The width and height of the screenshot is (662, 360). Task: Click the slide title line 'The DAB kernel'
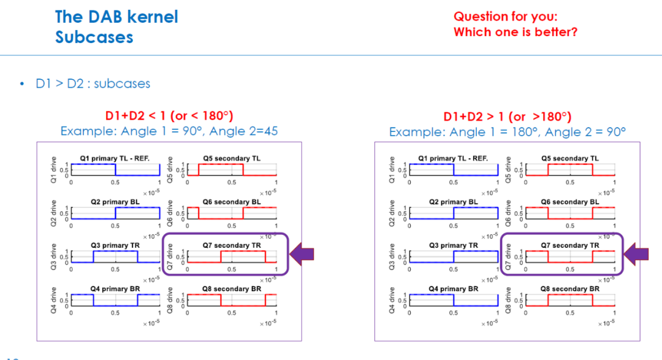tap(116, 17)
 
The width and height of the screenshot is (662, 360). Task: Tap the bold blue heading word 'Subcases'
tap(94, 37)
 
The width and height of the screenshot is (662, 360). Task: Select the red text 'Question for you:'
tap(505, 17)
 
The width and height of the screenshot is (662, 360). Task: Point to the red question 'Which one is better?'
tap(516, 32)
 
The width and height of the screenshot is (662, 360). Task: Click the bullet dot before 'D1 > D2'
tap(22, 83)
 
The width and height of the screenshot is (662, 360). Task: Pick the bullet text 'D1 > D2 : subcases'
tap(93, 83)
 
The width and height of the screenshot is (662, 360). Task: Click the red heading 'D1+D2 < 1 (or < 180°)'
tap(169, 116)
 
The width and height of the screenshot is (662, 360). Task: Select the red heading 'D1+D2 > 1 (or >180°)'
tap(507, 117)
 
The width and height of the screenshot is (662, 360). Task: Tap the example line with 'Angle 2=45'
tap(169, 131)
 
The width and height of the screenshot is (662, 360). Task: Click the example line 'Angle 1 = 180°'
tap(507, 132)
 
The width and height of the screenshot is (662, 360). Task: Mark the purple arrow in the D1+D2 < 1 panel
tap(302, 254)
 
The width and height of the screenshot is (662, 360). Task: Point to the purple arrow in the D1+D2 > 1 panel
tap(636, 254)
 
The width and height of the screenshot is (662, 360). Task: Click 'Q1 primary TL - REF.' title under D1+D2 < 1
tap(115, 158)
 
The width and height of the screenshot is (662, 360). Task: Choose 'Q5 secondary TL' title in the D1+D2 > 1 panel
tap(570, 158)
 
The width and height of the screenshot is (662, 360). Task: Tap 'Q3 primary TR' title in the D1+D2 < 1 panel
tap(115, 245)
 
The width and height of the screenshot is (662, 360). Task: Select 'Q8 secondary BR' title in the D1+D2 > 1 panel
tap(570, 289)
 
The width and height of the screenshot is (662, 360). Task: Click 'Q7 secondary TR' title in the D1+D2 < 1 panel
tap(232, 245)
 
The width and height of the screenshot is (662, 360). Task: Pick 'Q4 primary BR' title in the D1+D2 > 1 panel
tap(454, 289)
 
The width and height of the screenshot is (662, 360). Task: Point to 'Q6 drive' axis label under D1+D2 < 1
tap(170, 213)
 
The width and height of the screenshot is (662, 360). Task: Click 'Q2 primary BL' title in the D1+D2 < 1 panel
tap(115, 202)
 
